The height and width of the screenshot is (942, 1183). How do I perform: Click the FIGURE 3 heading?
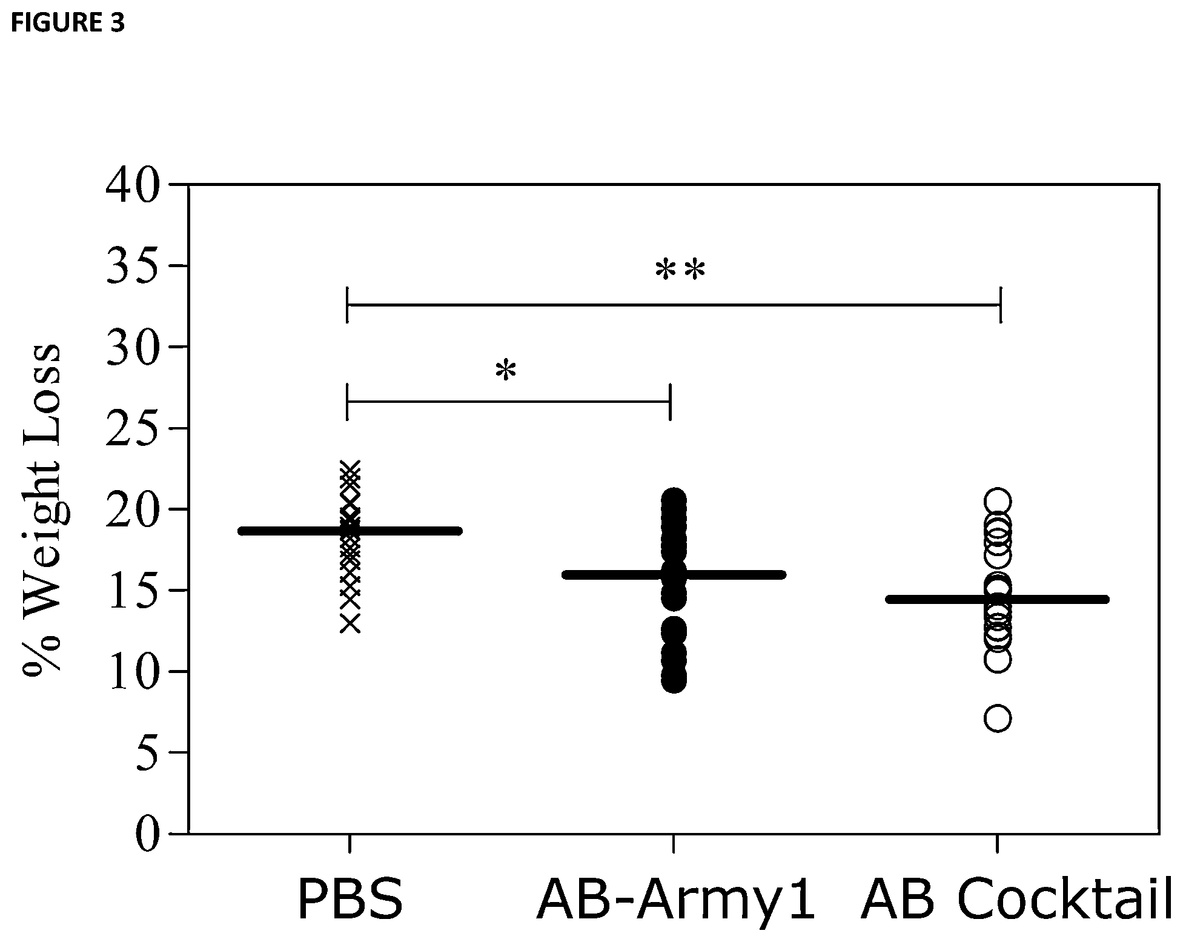68,23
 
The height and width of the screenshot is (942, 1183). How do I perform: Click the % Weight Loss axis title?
42,508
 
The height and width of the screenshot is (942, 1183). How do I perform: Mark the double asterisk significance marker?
680,271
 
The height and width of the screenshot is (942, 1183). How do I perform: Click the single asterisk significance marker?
506,371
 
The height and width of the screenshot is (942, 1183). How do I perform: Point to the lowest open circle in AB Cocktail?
998,718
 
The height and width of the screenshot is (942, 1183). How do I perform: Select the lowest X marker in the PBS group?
350,623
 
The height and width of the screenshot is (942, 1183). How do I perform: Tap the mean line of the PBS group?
350,531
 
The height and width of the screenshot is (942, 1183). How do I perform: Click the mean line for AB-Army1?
674,574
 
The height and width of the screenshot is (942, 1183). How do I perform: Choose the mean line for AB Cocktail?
997,599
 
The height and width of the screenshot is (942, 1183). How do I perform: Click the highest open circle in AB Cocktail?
998,502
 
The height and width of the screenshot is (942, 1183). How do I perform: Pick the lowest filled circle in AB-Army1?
674,680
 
